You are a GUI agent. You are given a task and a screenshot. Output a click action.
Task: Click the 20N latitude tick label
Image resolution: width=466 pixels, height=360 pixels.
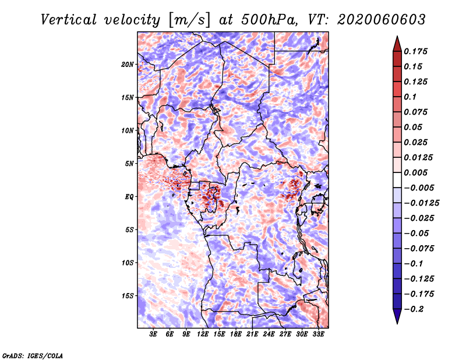coord(128,64)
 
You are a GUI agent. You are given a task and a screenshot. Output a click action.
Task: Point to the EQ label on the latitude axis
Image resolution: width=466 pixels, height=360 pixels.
coord(129,197)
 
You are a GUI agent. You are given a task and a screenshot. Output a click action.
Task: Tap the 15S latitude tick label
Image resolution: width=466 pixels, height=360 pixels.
coord(128,296)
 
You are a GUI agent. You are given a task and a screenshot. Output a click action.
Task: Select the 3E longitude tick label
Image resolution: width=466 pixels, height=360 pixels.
coord(153,334)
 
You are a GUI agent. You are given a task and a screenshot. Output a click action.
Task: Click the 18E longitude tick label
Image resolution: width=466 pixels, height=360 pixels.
coord(236,334)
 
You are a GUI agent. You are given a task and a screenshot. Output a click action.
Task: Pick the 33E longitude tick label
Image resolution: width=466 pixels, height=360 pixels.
coord(318,334)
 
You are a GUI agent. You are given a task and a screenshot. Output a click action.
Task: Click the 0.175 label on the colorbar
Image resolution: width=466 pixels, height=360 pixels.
coord(415,51)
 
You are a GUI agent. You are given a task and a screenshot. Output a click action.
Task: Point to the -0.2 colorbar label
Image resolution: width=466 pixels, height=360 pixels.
coord(414,309)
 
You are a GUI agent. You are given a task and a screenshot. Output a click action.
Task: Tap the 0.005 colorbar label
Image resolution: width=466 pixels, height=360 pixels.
coord(415,172)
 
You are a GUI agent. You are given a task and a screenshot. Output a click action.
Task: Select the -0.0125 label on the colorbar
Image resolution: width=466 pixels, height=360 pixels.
coord(421,203)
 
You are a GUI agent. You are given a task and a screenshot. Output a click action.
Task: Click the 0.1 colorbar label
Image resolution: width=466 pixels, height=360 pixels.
coord(410,97)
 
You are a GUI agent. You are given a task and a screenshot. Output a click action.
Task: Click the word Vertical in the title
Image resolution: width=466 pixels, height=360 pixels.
coord(68,20)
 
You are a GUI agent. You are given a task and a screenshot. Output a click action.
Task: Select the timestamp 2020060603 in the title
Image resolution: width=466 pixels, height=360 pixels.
coord(382,20)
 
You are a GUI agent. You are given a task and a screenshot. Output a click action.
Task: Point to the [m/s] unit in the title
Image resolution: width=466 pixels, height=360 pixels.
coord(189,20)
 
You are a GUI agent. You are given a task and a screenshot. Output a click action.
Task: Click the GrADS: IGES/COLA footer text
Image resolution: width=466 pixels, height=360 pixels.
coord(33,356)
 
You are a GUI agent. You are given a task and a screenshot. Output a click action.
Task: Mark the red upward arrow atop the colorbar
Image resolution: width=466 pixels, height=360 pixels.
coord(397,44)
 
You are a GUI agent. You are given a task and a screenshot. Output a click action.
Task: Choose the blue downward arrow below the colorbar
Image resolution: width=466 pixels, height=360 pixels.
coord(397,316)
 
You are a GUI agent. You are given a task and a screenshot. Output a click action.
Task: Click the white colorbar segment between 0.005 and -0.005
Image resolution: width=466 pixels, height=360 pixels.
coord(397,180)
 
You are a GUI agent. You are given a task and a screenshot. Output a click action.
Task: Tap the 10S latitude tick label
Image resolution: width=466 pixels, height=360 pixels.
coord(128,263)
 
